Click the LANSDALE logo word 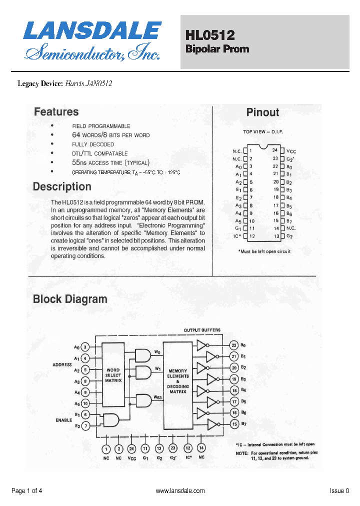point(92,31)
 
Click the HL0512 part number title point(210,35)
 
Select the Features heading point(56,112)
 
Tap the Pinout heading point(262,112)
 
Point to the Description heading point(62,187)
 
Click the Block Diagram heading point(70,299)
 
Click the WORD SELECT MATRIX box point(113,375)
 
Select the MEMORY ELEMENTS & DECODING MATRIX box point(177,381)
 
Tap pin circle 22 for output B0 point(233,345)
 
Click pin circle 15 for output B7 point(233,424)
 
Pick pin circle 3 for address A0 point(85,347)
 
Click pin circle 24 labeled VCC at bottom point(131,448)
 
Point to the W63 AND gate point(143,400)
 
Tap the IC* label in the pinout point(237,236)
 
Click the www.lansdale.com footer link point(180,491)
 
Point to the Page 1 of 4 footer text point(26,491)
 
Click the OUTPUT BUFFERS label point(202,330)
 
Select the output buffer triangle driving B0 point(201,345)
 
